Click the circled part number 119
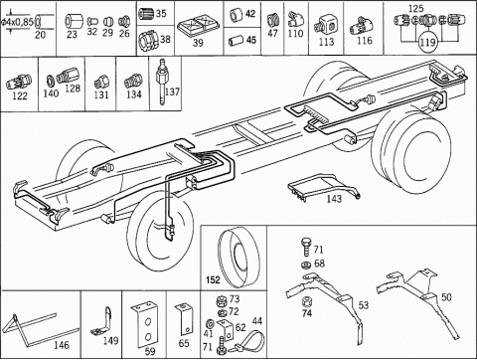(428, 43)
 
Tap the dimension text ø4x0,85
(17, 23)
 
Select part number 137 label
(172, 91)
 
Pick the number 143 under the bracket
(334, 199)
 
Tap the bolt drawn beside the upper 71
(306, 247)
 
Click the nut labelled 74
(306, 302)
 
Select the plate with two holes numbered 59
(145, 324)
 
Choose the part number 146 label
(62, 345)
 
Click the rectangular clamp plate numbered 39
(198, 27)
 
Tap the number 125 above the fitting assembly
(415, 8)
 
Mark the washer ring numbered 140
(51, 81)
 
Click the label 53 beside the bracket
(364, 304)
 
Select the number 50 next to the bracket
(446, 297)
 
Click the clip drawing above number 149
(102, 321)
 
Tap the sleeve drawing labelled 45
(235, 41)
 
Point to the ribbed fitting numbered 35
(146, 14)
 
